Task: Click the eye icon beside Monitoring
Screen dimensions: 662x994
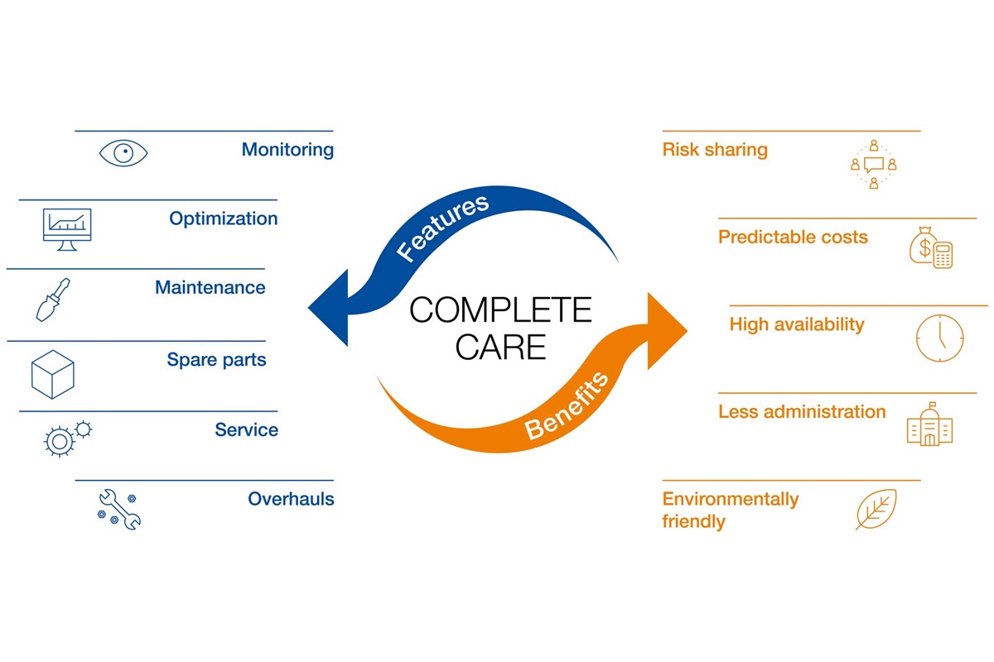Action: coord(123,153)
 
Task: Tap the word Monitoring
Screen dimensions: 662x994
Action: coord(287,150)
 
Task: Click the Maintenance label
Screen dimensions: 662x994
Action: coord(210,288)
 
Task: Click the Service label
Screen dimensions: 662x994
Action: coord(246,429)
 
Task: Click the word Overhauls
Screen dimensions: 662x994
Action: coord(291,499)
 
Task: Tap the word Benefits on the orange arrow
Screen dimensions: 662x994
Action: coord(567,405)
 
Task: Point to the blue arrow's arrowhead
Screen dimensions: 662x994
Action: coord(330,310)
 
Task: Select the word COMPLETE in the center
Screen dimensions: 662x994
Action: coord(500,311)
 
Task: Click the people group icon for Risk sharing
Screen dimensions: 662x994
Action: coord(873,165)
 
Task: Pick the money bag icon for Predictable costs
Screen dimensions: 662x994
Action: coord(930,247)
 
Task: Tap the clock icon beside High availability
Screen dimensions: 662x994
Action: coord(939,338)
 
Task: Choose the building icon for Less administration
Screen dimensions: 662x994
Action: coord(929,425)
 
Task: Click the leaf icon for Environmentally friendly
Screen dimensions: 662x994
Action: coord(876,509)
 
